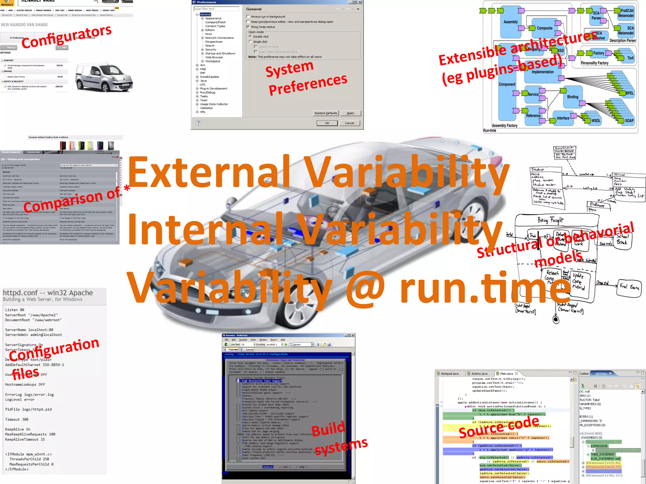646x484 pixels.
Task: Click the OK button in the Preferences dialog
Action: point(327,123)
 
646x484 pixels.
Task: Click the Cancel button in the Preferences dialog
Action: point(349,123)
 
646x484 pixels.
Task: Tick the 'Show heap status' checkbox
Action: point(248,27)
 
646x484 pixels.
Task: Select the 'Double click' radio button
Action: point(250,37)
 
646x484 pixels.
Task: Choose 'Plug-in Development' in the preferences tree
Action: point(213,89)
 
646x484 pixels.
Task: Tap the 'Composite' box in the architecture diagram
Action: point(544,28)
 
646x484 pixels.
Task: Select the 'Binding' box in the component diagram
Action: point(573,97)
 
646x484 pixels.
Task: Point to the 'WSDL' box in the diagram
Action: point(596,120)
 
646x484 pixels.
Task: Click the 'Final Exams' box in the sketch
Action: point(629,287)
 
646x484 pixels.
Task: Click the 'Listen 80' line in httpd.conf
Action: point(15,310)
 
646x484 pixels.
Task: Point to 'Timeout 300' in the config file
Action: point(17,419)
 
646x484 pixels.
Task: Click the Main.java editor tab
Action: point(507,373)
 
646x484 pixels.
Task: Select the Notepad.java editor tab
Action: point(449,373)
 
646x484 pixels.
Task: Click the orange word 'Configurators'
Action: point(67,37)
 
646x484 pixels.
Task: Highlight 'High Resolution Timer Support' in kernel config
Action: point(261,381)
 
